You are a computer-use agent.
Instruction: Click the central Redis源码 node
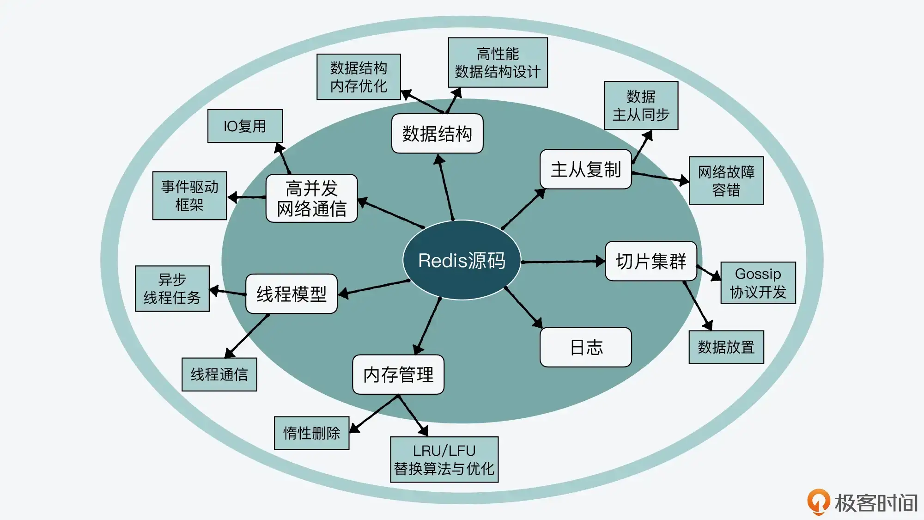[462, 260]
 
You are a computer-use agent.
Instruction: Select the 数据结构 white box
[437, 134]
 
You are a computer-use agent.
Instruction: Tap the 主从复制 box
[585, 169]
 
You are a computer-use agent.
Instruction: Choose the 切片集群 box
[650, 261]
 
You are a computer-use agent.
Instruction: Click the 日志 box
[585, 347]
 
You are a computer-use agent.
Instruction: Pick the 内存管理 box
[398, 374]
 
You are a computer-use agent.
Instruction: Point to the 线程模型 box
[291, 294]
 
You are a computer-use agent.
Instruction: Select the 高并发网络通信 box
[311, 198]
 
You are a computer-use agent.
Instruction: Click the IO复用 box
[245, 126]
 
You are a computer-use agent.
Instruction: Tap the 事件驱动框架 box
[189, 196]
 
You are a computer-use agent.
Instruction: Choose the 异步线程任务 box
[172, 288]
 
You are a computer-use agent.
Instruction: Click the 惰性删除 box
[311, 433]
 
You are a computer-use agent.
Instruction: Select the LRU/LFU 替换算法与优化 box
[444, 459]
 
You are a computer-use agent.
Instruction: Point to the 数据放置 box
[726, 347]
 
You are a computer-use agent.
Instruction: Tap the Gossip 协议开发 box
[758, 283]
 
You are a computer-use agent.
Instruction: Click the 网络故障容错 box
[726, 181]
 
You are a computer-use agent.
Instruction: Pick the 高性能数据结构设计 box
[498, 62]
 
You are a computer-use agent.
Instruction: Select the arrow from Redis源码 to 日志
[523, 307]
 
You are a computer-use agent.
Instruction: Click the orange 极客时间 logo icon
[818, 502]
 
